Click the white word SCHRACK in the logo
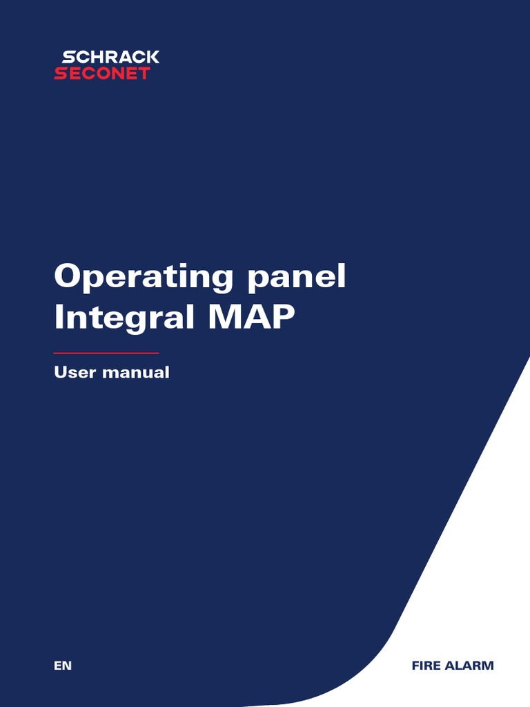(x=110, y=57)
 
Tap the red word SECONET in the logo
(x=102, y=73)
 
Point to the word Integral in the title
(x=121, y=318)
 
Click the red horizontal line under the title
(x=106, y=353)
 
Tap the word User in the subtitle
(x=75, y=373)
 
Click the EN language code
(x=62, y=666)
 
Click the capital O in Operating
(x=68, y=277)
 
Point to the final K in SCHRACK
(x=153, y=57)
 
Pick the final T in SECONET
(x=144, y=73)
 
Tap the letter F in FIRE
(x=415, y=666)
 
